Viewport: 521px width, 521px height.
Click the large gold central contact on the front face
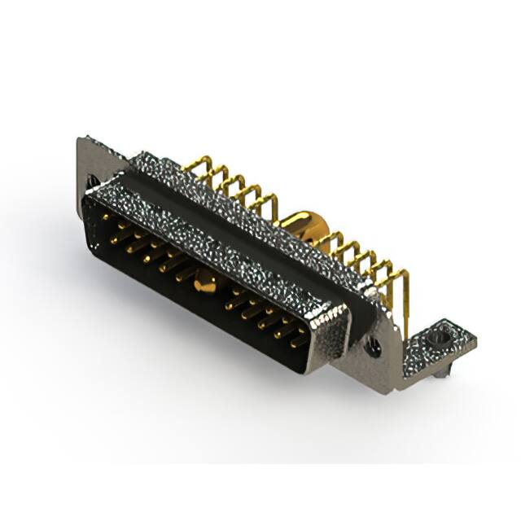coord(204,283)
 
